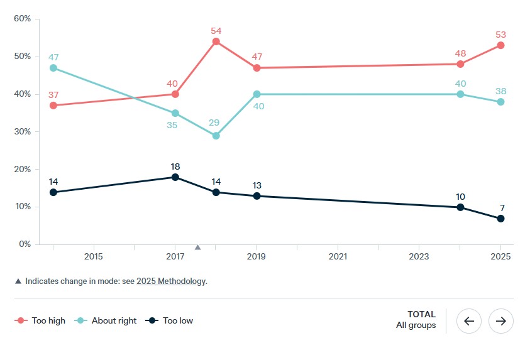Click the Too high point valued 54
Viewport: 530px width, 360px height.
[216, 41]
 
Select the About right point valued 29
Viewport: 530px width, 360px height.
[216, 136]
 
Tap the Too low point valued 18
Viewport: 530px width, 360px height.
[175, 177]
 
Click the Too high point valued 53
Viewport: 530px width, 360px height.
[501, 45]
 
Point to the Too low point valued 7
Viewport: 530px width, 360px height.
[501, 219]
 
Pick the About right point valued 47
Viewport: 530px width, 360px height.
[53, 68]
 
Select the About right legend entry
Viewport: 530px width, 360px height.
[107, 320]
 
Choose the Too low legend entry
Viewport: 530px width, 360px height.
[170, 320]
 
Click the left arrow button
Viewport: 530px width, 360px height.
[468, 321]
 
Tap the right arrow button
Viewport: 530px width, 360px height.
[501, 321]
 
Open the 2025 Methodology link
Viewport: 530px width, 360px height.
[171, 281]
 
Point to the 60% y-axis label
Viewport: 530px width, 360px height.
[22, 19]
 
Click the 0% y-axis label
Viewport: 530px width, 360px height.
[24, 244]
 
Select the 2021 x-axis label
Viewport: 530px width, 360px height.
[338, 257]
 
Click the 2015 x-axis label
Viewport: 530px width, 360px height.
[94, 257]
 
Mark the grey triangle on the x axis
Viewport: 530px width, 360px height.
[197, 248]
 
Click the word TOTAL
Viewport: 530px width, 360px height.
[421, 314]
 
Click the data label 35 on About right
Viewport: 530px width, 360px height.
[172, 125]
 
